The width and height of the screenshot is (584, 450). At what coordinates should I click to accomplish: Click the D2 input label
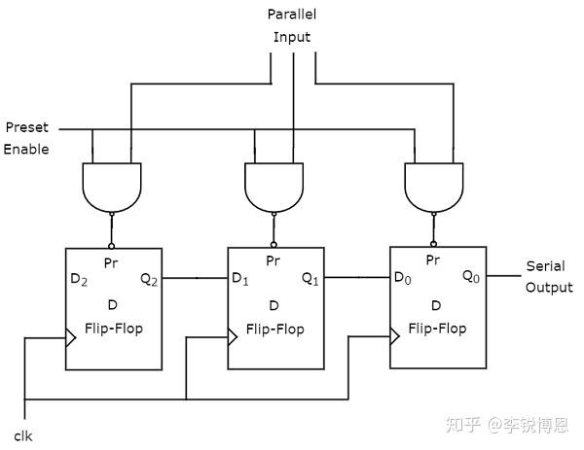pos(79,280)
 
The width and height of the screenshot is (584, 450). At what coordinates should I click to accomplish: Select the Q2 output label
pos(149,280)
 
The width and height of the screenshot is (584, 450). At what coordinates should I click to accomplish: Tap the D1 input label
pos(240,279)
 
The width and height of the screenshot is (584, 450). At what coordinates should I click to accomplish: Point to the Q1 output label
pos(310,279)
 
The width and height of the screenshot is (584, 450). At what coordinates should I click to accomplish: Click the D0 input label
pos(403,277)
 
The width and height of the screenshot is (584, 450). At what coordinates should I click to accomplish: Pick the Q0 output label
pos(471,277)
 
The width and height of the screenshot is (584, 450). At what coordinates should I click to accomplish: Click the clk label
pos(23,436)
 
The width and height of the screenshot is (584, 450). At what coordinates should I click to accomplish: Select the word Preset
pos(27,127)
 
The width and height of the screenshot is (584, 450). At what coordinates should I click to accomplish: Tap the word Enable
pos(26,149)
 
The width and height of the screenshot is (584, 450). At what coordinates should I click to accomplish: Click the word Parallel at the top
pos(292,15)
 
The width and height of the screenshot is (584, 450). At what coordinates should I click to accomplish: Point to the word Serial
pos(546,266)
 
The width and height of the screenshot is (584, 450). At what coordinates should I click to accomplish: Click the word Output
pos(549,288)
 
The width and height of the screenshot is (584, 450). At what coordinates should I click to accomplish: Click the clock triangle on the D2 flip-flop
pos(71,337)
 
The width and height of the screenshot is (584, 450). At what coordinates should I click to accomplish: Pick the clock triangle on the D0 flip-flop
pos(395,336)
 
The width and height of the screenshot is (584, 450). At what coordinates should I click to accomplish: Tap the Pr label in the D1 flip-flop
pos(273,260)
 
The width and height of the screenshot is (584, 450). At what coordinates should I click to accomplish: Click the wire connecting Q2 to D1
pos(195,278)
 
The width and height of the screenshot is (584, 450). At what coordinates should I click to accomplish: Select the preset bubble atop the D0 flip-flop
pos(433,244)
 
